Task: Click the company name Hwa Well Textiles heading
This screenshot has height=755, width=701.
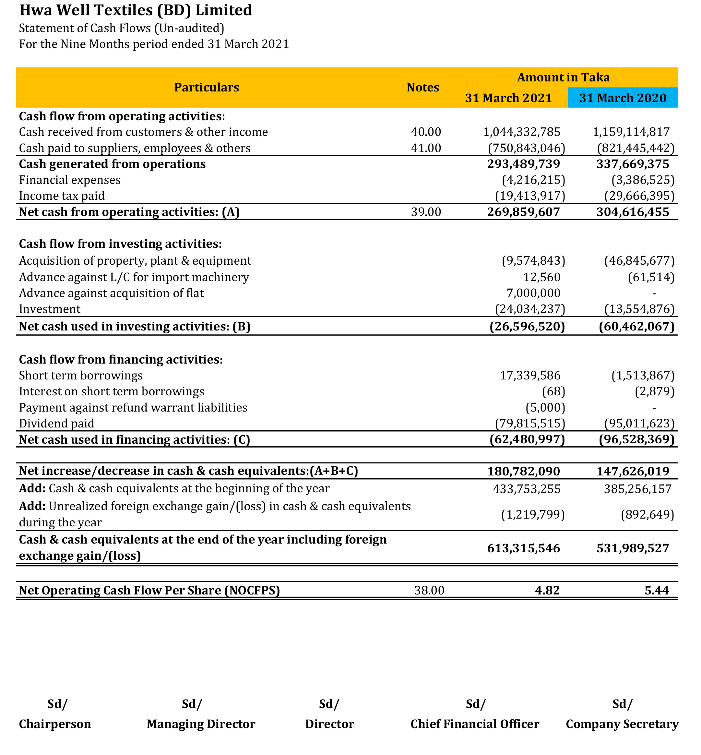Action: tap(136, 10)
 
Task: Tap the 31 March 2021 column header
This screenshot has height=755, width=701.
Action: tap(508, 98)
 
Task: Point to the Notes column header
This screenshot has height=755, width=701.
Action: tap(422, 88)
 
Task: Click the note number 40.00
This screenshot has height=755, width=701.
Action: tap(426, 132)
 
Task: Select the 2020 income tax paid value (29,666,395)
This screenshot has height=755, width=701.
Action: tap(639, 196)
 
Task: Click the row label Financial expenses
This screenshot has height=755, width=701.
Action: tap(70, 180)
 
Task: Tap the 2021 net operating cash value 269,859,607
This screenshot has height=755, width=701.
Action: tap(523, 212)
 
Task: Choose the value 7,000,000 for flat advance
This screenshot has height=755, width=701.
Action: tap(533, 293)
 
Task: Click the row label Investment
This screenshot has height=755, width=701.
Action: tap(50, 309)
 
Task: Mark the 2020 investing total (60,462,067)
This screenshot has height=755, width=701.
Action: tap(636, 326)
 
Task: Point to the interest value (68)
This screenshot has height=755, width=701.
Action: tap(553, 391)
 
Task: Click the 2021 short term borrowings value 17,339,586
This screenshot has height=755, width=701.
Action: tap(529, 375)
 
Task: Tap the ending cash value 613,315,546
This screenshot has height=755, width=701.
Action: tap(523, 548)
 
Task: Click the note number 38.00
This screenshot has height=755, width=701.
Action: tap(429, 590)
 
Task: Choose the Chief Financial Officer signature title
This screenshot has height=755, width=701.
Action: tap(475, 724)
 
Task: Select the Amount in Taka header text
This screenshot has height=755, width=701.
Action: tap(563, 78)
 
